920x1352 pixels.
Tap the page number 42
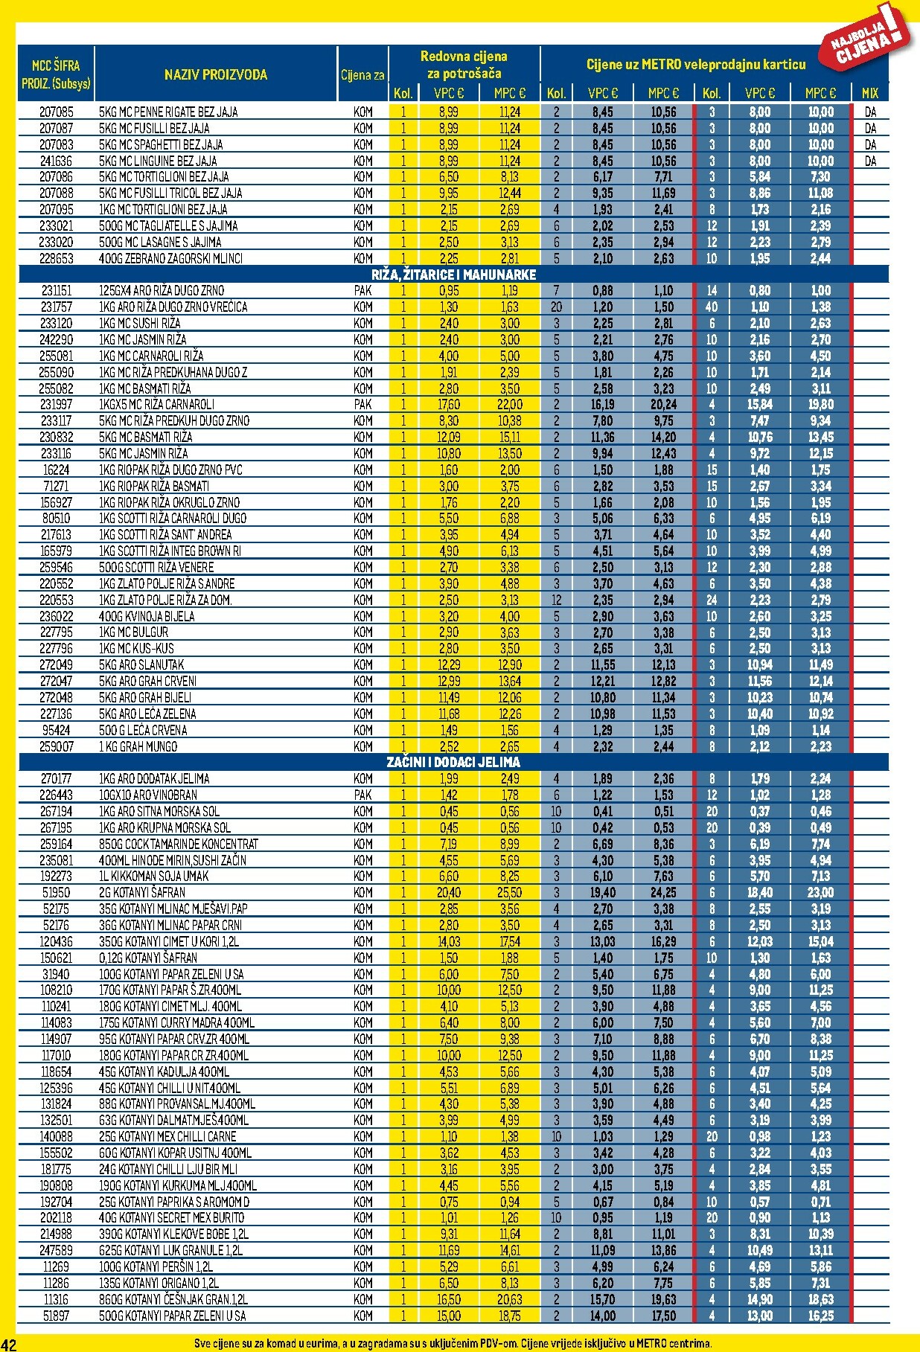(x=9, y=1343)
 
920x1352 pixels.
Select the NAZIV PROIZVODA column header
(x=215, y=74)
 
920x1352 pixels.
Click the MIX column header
(x=869, y=93)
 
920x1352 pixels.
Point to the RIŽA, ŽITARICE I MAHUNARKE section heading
(x=453, y=275)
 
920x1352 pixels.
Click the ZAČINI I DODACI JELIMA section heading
(x=453, y=762)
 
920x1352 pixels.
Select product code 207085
(x=57, y=112)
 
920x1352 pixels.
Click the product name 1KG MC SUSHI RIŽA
(x=140, y=323)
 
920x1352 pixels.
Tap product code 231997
(x=57, y=404)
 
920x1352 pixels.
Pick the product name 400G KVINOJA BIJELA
(x=147, y=616)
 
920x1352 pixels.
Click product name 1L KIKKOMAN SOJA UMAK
(x=153, y=876)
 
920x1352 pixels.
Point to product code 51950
(x=57, y=892)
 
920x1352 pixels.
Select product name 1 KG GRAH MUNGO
(x=138, y=746)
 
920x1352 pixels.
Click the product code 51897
(x=57, y=1316)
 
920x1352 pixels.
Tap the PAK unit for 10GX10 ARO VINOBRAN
(x=363, y=795)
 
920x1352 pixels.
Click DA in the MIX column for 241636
(x=870, y=161)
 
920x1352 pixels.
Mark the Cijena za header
(x=362, y=74)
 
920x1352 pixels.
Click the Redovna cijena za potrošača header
(x=464, y=65)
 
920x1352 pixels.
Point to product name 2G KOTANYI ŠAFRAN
(x=142, y=892)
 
